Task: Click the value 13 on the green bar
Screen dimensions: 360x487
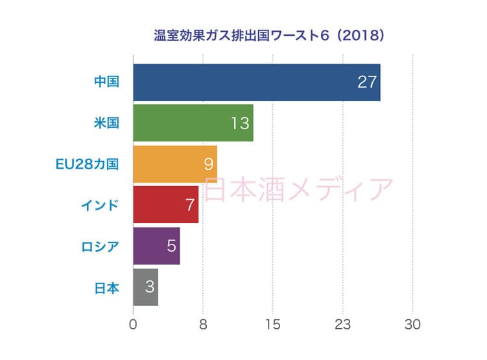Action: pyautogui.click(x=240, y=123)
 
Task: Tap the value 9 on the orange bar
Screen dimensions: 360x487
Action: pyautogui.click(x=208, y=164)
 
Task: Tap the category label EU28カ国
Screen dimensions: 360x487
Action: pyautogui.click(x=87, y=164)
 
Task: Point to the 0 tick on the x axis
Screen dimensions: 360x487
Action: pyautogui.click(x=133, y=324)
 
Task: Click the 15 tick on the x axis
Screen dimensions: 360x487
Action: pyautogui.click(x=272, y=324)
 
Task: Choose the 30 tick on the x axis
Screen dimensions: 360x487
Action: pyautogui.click(x=412, y=324)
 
